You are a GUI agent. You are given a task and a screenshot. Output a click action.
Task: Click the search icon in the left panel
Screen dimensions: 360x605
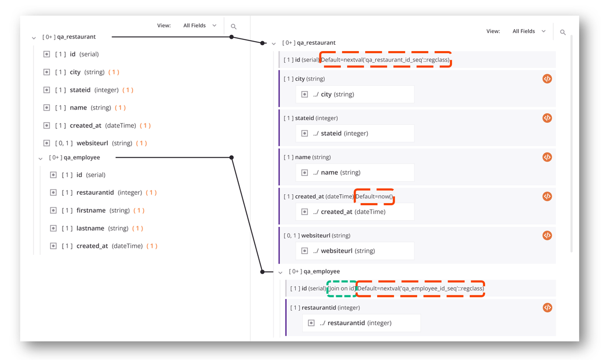click(234, 26)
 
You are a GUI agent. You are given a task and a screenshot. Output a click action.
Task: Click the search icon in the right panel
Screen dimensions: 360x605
click(563, 32)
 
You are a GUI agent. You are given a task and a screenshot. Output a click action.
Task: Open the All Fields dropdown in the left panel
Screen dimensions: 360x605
click(199, 25)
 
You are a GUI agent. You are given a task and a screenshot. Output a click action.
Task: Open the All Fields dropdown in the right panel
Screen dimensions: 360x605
click(529, 31)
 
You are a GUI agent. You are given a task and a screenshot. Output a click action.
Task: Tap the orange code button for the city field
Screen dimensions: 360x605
click(547, 79)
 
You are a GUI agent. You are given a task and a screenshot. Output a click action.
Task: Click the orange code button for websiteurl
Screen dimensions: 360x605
click(547, 235)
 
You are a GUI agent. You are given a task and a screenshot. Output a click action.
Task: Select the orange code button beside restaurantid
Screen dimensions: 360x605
click(547, 307)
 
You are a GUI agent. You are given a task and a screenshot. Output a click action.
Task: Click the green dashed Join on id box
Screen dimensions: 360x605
click(341, 288)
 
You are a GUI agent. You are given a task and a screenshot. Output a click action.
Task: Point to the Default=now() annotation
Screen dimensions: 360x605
click(374, 196)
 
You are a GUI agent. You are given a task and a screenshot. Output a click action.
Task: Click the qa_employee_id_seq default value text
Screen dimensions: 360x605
click(420, 288)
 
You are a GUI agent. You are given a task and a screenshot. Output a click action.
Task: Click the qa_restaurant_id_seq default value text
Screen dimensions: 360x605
click(386, 59)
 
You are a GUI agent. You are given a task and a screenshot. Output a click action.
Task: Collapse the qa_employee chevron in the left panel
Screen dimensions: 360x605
click(41, 158)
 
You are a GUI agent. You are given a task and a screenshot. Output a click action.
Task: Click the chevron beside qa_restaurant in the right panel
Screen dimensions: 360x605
click(274, 44)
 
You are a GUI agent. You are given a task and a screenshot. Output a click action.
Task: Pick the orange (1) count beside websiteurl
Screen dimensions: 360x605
click(142, 143)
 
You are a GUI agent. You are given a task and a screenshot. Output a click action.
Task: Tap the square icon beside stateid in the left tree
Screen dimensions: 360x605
click(47, 90)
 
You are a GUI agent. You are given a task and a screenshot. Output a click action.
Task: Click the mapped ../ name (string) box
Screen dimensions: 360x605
click(355, 173)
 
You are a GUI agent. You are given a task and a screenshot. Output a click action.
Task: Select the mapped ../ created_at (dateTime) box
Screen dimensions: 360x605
click(355, 212)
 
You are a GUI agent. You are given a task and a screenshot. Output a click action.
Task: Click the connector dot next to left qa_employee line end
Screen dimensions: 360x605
click(231, 157)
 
